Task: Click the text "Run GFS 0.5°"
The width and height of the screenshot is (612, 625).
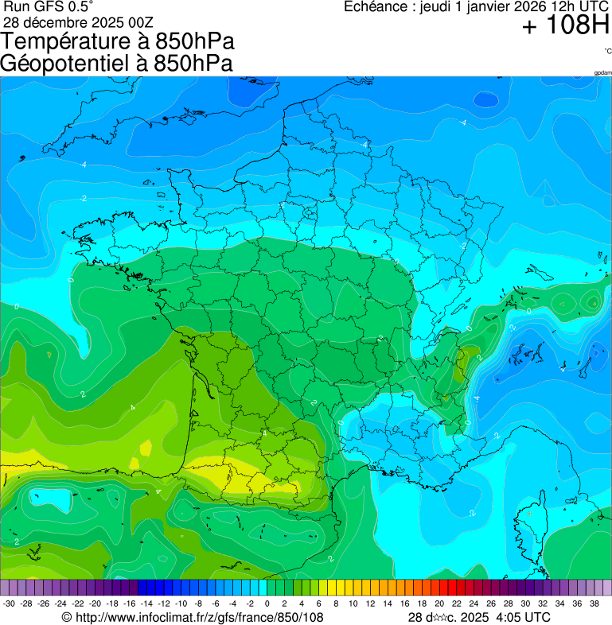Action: tap(49, 6)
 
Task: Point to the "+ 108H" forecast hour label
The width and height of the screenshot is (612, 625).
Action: tap(565, 26)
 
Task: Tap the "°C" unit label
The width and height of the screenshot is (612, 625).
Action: tap(607, 52)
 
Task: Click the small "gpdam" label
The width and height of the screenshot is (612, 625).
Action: tap(602, 72)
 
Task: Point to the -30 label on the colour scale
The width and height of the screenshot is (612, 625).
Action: tap(9, 604)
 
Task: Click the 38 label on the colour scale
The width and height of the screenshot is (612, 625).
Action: tap(594, 604)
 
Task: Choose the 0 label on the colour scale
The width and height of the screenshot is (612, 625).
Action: tap(267, 604)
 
